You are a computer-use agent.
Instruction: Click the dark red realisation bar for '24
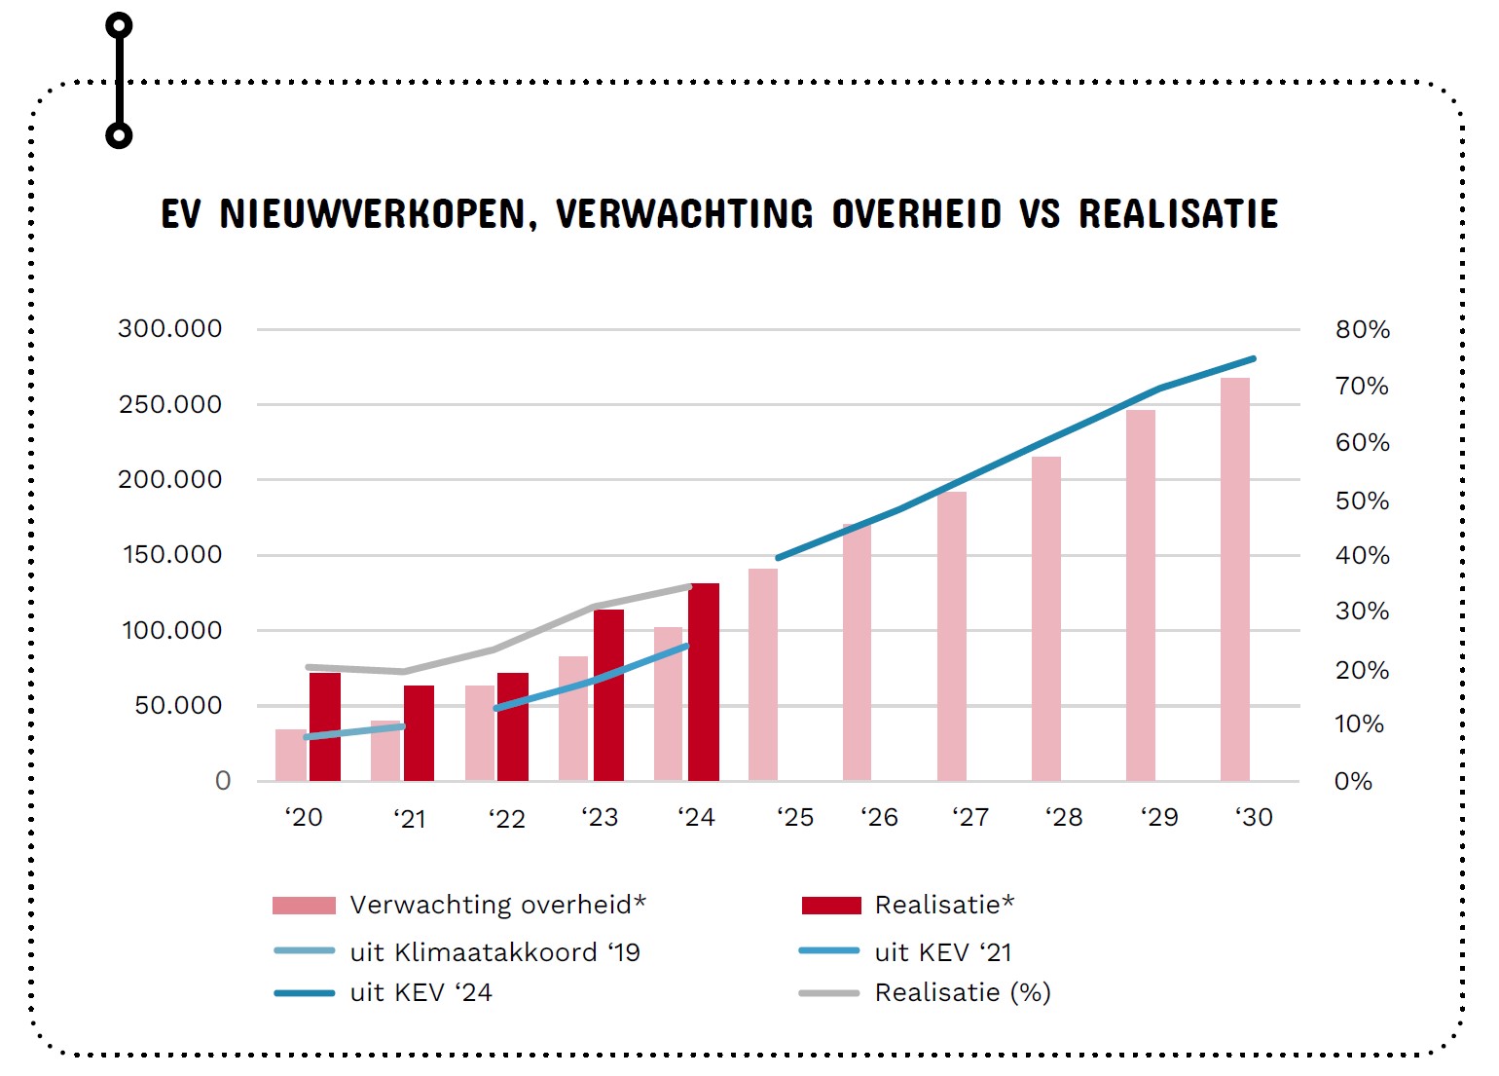(x=704, y=682)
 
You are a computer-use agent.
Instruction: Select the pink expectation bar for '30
(x=1235, y=579)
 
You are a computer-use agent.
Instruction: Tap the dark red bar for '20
(x=325, y=726)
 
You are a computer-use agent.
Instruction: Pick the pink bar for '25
(x=763, y=674)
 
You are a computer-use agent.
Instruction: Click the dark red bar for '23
(x=608, y=694)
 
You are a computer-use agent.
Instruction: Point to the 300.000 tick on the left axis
(x=170, y=329)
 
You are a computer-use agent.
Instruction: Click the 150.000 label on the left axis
(x=172, y=555)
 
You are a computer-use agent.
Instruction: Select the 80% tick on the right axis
(x=1362, y=330)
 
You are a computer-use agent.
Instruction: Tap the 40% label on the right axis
(x=1362, y=556)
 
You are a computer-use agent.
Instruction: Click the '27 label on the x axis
(x=970, y=818)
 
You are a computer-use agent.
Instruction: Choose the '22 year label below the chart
(x=506, y=819)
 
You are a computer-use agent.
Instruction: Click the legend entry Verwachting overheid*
(x=496, y=905)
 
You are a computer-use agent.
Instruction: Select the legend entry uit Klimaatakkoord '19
(x=494, y=952)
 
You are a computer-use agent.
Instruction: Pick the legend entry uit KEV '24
(x=420, y=993)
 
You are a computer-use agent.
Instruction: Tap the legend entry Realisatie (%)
(x=962, y=993)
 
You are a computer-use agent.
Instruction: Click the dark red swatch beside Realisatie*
(x=831, y=906)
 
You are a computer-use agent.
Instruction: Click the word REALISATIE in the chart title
(x=1178, y=214)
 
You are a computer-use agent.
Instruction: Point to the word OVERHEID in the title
(x=916, y=214)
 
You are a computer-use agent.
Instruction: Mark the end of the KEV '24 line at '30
(x=1253, y=359)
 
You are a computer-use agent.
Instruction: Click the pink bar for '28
(x=1046, y=618)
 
